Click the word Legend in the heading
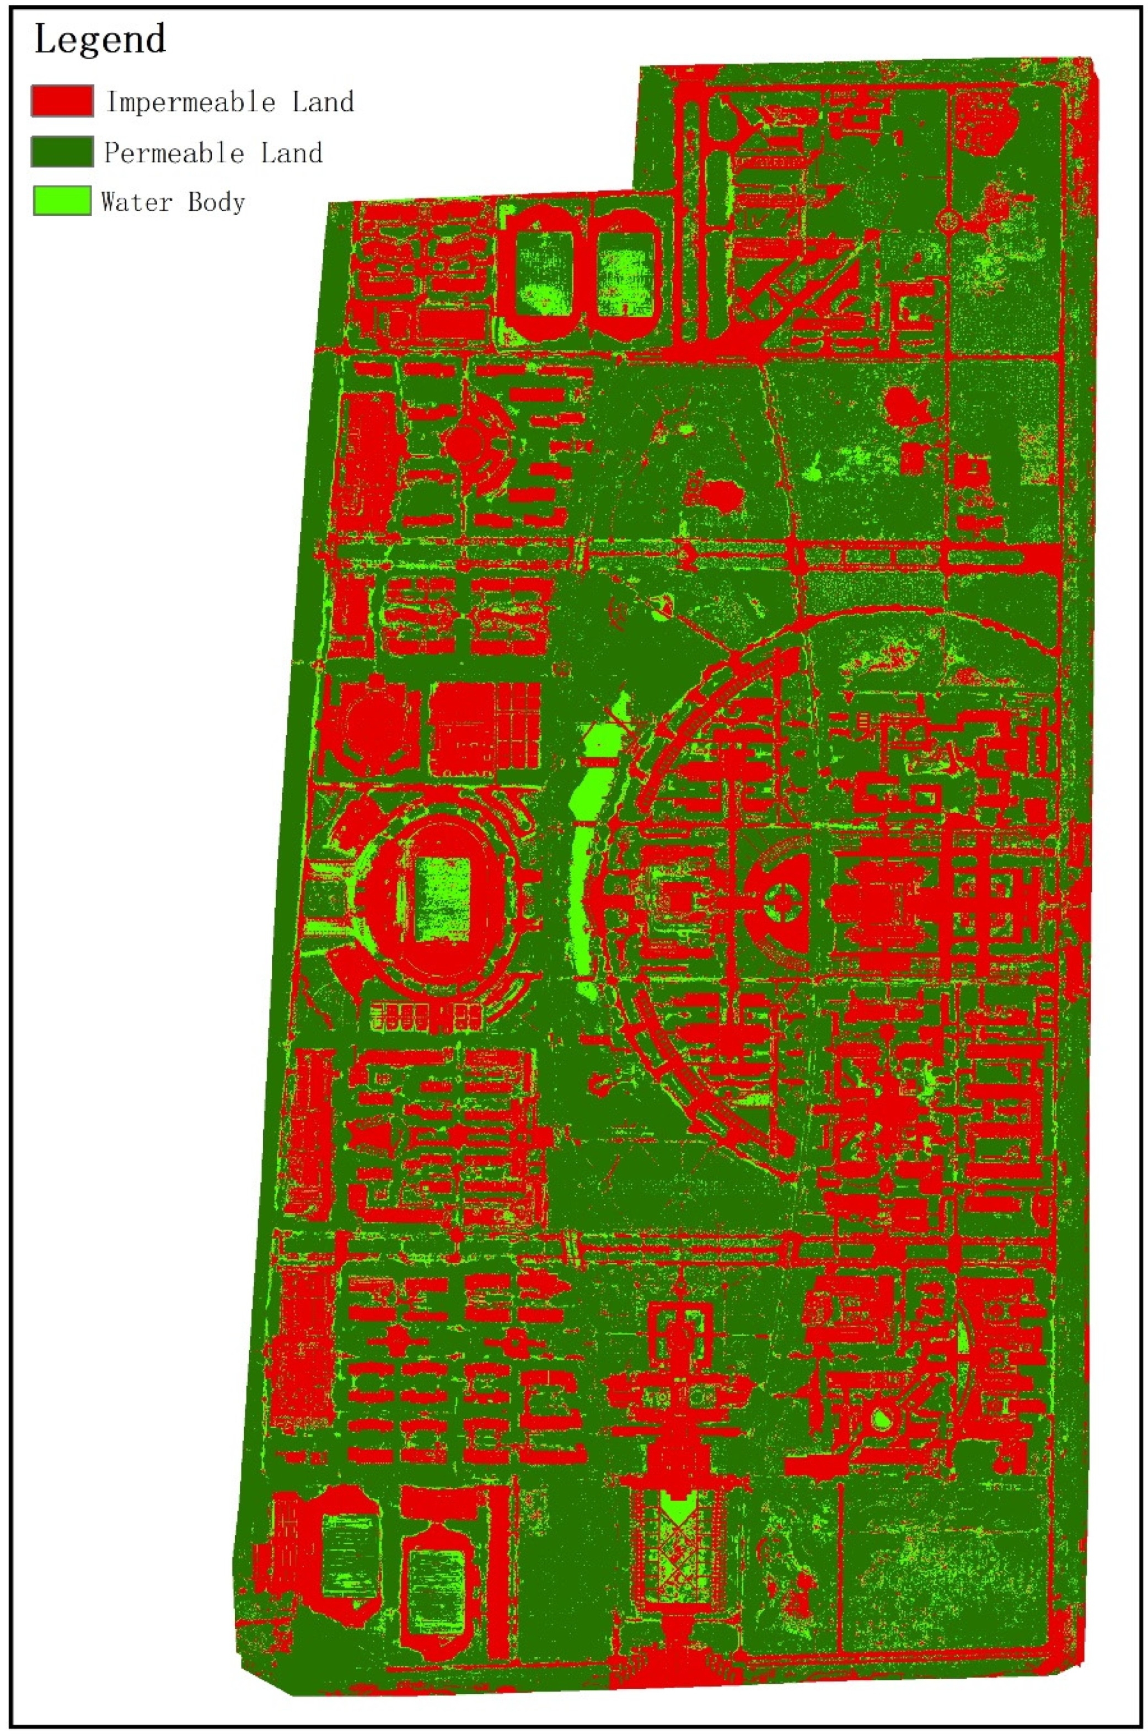pyautogui.click(x=100, y=40)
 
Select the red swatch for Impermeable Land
pyautogui.click(x=62, y=100)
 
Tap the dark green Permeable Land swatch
pyautogui.click(x=62, y=152)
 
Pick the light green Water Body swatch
pyautogui.click(x=62, y=201)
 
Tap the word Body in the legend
pyautogui.click(x=216, y=201)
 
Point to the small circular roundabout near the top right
pyautogui.click(x=949, y=219)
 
